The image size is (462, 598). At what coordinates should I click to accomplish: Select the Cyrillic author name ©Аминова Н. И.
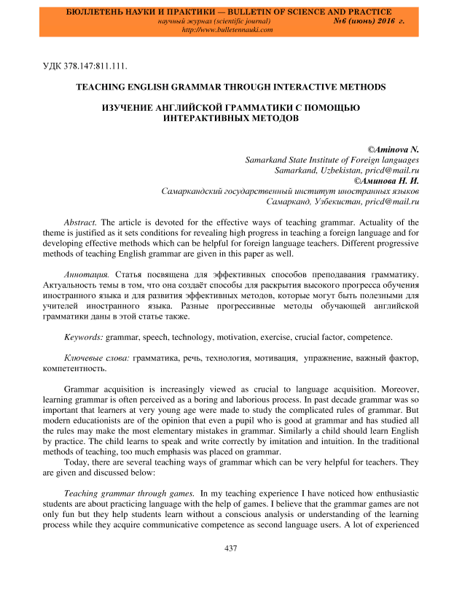tap(386, 179)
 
